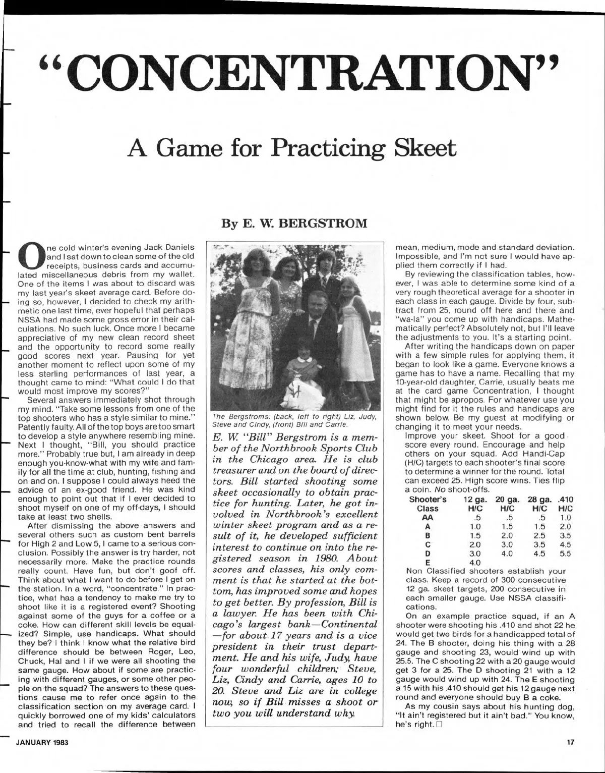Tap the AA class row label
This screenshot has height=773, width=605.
(x=428, y=516)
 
